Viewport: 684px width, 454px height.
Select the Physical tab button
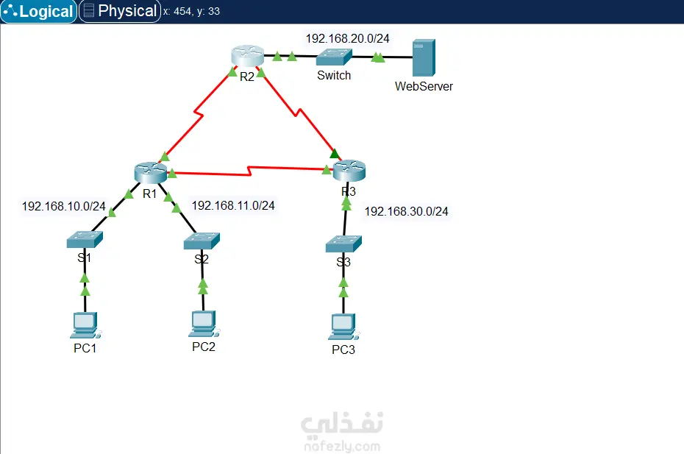(120, 11)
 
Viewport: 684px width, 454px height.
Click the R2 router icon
(246, 56)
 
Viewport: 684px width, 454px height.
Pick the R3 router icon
(349, 172)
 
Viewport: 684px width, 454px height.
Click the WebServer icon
(423, 58)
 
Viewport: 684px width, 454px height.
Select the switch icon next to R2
(334, 57)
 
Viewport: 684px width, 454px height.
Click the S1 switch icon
(85, 238)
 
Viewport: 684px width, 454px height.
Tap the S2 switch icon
(202, 240)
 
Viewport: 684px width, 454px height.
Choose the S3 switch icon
(343, 244)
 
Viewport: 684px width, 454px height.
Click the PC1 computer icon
(85, 324)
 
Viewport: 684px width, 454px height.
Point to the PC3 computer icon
(343, 325)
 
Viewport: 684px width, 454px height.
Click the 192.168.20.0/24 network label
(348, 38)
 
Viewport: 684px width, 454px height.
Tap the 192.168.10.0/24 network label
(64, 206)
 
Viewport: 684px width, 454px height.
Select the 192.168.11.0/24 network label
(233, 205)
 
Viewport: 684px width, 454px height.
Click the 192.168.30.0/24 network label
(407, 212)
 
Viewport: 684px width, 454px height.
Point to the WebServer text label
(424, 86)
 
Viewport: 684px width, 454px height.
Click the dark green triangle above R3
(335, 154)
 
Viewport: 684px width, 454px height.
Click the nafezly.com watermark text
(341, 446)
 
